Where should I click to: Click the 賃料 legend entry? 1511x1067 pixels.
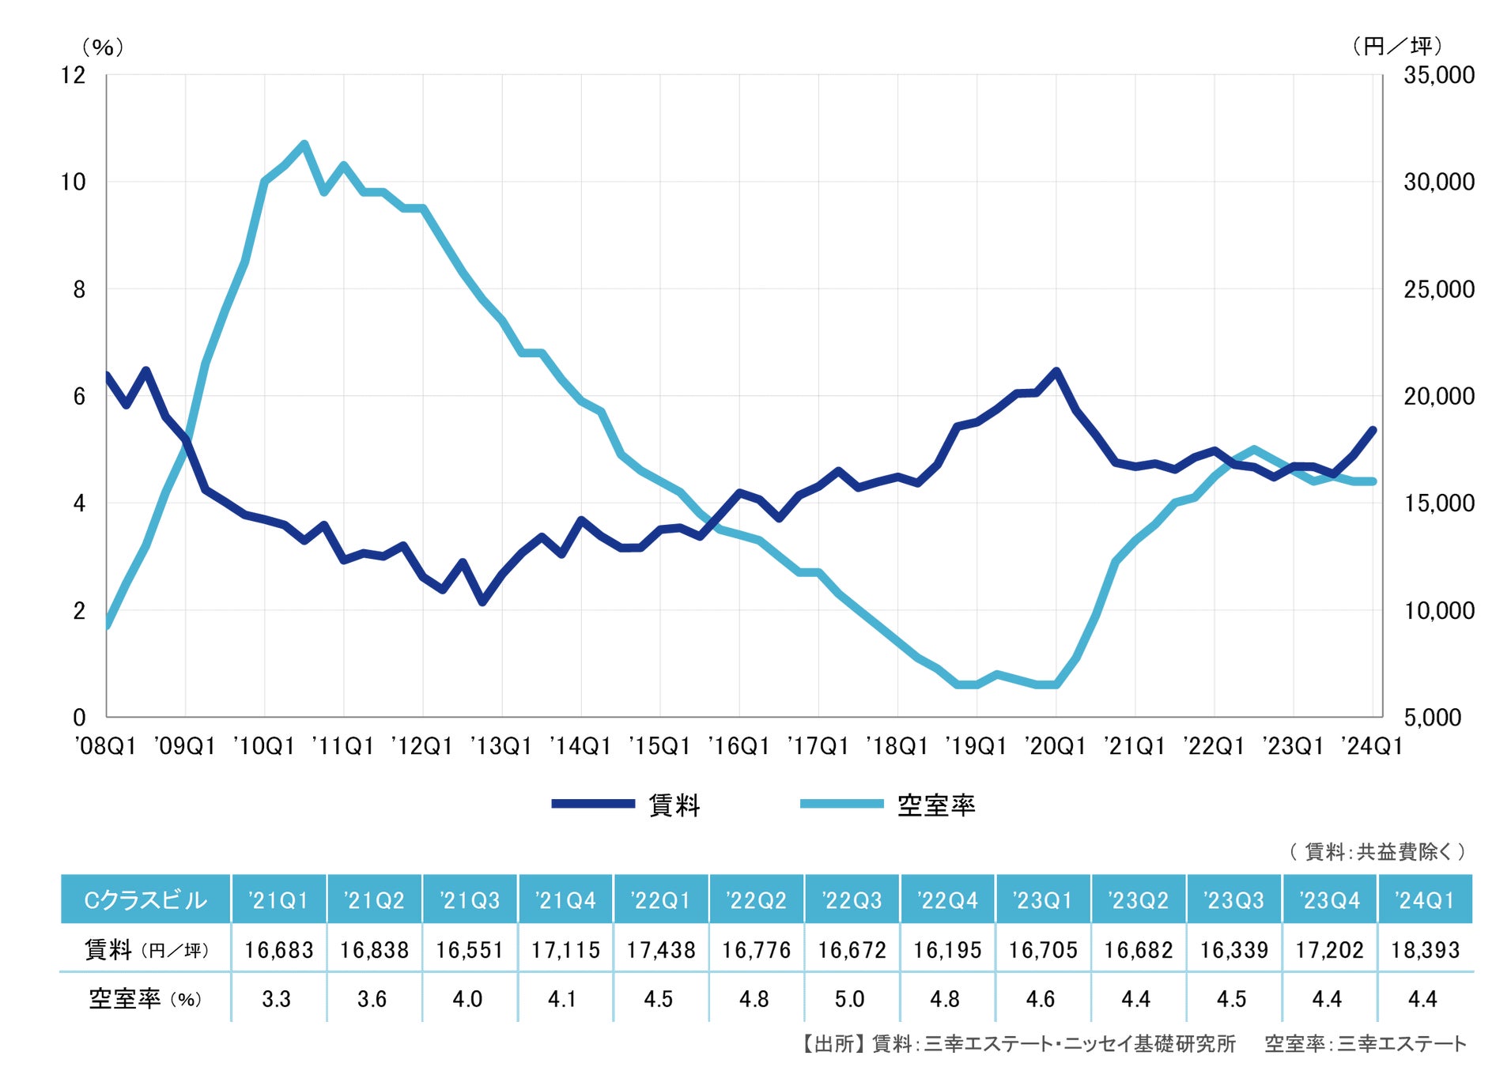(674, 805)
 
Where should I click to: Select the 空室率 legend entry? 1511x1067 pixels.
(935, 805)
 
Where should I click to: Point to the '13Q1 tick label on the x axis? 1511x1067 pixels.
(501, 746)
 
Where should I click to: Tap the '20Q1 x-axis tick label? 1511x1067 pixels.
(1056, 746)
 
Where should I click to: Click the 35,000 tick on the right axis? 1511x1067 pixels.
(1438, 75)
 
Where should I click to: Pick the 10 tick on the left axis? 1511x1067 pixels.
(73, 182)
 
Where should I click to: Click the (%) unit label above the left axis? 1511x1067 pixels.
(103, 47)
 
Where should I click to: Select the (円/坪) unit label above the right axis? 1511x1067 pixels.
(1397, 46)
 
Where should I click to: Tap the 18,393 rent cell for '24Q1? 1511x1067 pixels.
(1425, 949)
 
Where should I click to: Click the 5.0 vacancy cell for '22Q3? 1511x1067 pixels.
(850, 999)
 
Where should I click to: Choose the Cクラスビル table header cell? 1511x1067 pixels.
(145, 899)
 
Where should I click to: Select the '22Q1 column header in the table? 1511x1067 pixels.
(661, 899)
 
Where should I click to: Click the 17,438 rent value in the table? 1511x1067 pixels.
(661, 949)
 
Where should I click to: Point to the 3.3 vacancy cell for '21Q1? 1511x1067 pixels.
(277, 999)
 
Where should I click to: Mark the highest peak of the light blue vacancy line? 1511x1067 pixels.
(304, 144)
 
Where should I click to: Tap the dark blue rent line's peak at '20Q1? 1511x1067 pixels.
(1056, 371)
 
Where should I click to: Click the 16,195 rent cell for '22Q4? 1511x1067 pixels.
(947, 949)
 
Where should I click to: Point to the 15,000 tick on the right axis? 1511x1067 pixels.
(1438, 503)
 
